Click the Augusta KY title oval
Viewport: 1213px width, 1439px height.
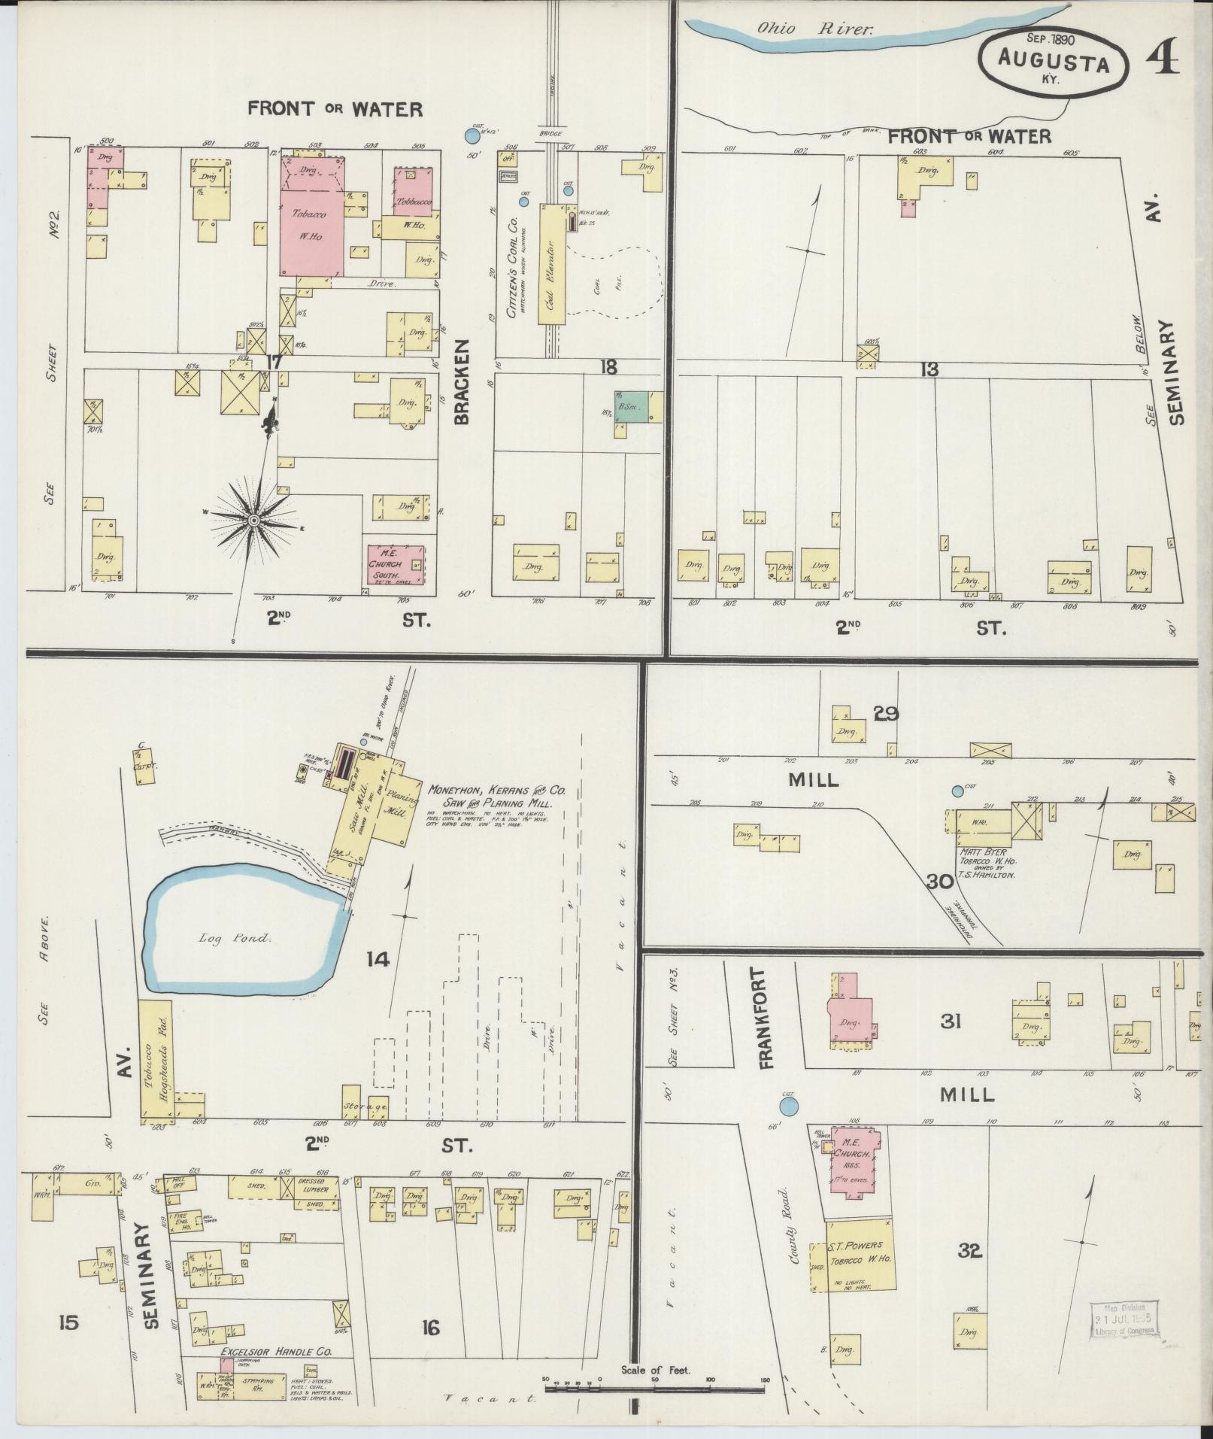pos(1054,63)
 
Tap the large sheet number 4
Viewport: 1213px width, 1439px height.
pos(1162,56)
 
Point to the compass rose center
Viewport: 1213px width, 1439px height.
pos(253,520)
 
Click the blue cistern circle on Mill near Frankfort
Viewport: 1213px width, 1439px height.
pos(787,1107)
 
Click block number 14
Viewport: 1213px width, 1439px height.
pos(378,958)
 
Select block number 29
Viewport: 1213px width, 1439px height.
pos(886,712)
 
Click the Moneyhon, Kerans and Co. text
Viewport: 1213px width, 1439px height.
pos(496,791)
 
